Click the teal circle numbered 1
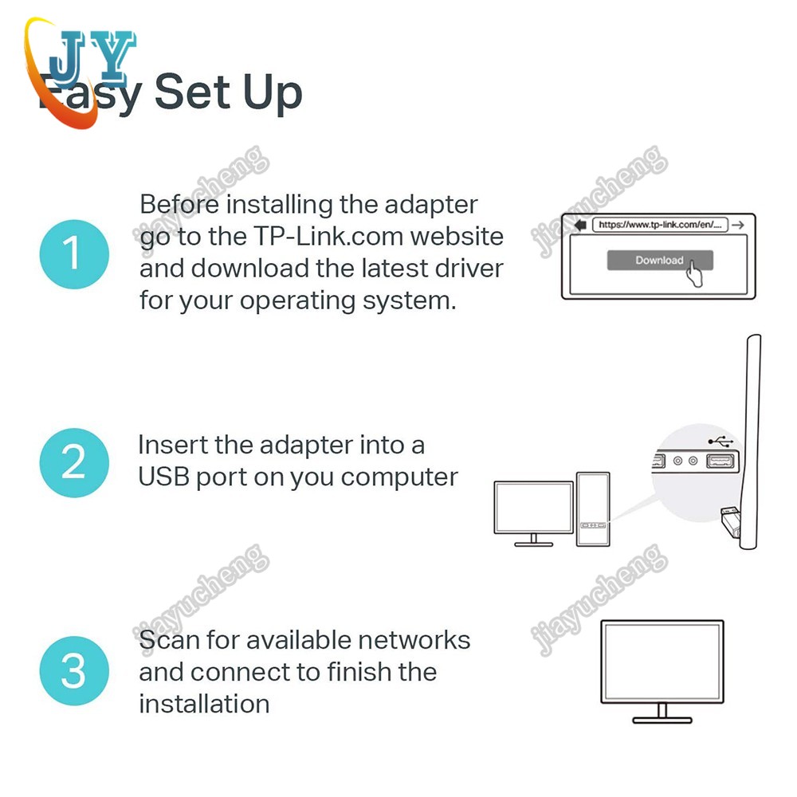[x=73, y=254]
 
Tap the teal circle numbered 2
[x=73, y=461]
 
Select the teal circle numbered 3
[x=73, y=671]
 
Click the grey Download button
[x=659, y=261]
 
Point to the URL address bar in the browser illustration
[x=659, y=225]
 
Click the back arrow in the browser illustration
[x=577, y=225]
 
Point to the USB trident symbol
[x=718, y=440]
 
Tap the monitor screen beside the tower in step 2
[x=533, y=507]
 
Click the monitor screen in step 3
[x=662, y=661]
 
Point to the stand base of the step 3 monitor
[x=662, y=720]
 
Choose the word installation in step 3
[x=204, y=704]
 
